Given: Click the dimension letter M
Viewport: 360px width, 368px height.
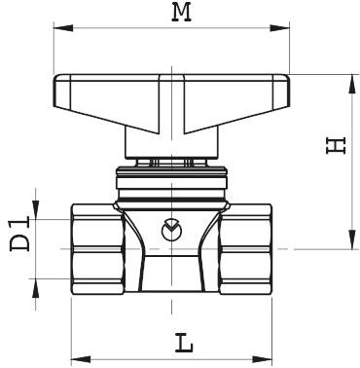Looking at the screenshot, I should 180,13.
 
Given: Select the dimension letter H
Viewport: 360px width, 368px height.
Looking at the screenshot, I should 336,146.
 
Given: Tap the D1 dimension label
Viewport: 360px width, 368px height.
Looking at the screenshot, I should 20,237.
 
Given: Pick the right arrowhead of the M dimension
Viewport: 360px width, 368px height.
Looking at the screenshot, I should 285,28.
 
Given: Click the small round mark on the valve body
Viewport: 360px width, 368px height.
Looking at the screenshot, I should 171,230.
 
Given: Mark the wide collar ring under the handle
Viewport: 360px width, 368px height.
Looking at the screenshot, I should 172,180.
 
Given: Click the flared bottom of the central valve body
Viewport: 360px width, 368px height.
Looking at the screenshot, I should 172,277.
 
